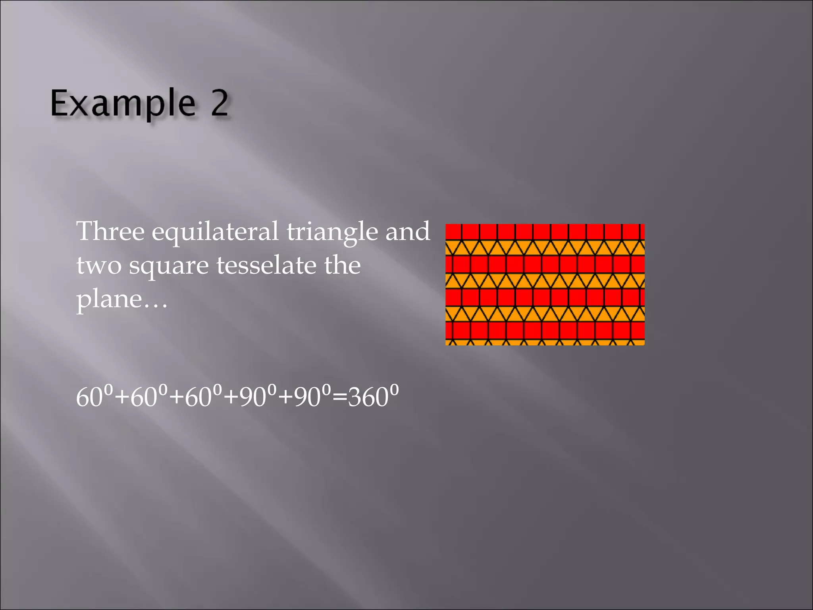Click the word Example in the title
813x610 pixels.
pyautogui.click(x=123, y=103)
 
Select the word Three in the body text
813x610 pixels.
pyautogui.click(x=110, y=231)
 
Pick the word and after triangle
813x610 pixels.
pyautogui.click(x=408, y=231)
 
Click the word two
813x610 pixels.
pyautogui.click(x=99, y=265)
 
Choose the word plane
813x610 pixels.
pyautogui.click(x=109, y=299)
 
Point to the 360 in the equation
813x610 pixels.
pyautogui.click(x=368, y=397)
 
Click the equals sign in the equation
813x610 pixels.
pyautogui.click(x=339, y=398)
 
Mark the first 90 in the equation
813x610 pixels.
pyautogui.click(x=252, y=397)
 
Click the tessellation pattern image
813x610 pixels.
pyautogui.click(x=545, y=284)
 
